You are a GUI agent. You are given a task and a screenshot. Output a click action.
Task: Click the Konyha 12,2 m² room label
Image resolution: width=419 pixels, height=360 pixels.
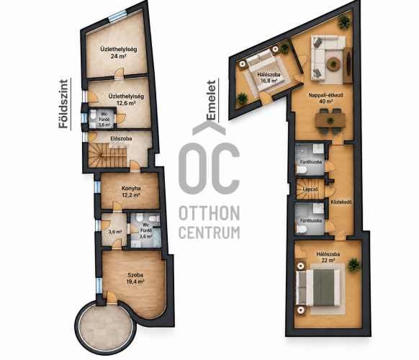131,192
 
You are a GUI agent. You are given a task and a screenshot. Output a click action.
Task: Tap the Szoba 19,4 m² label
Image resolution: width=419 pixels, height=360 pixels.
135,278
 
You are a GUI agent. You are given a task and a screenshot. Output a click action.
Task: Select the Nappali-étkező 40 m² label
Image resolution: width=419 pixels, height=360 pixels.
325,98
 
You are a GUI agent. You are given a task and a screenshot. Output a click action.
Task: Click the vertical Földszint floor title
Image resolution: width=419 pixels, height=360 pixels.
63,104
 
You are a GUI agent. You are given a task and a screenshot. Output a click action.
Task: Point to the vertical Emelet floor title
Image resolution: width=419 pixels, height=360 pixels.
211,100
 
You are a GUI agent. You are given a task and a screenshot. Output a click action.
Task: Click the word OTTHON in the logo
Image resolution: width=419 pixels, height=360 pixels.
209,213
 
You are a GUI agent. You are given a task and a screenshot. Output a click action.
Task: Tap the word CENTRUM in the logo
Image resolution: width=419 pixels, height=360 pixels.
209,233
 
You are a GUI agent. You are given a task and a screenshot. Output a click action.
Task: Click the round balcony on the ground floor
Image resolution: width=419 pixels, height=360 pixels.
106,327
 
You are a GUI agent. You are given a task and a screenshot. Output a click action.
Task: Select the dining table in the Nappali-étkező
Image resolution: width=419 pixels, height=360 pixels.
330,120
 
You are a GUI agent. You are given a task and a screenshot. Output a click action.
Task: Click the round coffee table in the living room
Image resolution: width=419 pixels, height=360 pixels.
333,63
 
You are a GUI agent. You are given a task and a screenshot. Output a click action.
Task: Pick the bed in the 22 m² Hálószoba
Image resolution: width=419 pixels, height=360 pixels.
319,288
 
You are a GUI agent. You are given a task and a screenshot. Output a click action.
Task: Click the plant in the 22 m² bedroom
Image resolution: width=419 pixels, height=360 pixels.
353,265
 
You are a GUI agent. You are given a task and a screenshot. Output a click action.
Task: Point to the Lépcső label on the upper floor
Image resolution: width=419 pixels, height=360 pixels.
310,189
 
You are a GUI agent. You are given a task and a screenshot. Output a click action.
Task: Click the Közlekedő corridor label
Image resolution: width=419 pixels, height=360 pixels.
341,202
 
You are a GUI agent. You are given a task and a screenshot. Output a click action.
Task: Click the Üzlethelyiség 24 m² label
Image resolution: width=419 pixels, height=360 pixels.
119,53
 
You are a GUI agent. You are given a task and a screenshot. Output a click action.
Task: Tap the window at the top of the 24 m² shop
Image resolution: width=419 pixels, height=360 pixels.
117,17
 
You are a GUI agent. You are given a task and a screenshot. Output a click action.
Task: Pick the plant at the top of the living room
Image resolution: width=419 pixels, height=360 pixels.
344,22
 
